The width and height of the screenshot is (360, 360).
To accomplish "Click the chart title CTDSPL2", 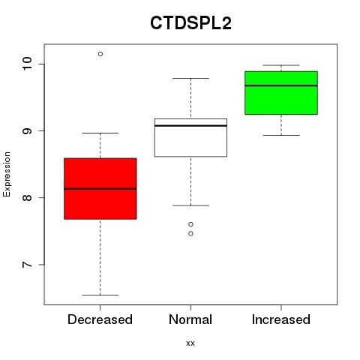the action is point(190,23).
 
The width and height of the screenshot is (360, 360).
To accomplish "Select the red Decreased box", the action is point(100,189).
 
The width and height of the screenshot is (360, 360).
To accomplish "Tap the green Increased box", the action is point(281,93).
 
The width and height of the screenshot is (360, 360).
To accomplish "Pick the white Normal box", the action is point(190,137).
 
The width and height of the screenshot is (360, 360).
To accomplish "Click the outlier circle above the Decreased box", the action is point(100,54).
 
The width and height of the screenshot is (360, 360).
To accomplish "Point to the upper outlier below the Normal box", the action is point(190,224).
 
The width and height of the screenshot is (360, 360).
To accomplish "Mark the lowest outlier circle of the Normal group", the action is point(190,234).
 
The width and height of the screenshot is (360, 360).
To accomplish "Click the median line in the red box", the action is point(100,189).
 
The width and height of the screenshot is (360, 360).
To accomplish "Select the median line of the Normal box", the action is point(190,125).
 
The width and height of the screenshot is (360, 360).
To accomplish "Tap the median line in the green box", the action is point(281,85).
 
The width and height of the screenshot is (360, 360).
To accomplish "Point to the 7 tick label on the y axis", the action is point(27,265).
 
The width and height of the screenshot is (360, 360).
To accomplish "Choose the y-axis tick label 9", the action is point(27,130).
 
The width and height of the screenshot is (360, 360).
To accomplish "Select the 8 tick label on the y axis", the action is point(27,198).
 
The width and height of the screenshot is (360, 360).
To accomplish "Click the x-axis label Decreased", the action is point(100,319).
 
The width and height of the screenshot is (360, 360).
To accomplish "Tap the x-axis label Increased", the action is point(281,319).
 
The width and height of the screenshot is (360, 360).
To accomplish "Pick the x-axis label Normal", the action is point(190,319).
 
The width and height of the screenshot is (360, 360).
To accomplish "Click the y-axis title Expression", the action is point(7,174).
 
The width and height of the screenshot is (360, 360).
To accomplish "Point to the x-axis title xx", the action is point(190,343).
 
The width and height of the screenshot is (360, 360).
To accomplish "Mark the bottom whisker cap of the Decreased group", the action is point(100,295).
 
